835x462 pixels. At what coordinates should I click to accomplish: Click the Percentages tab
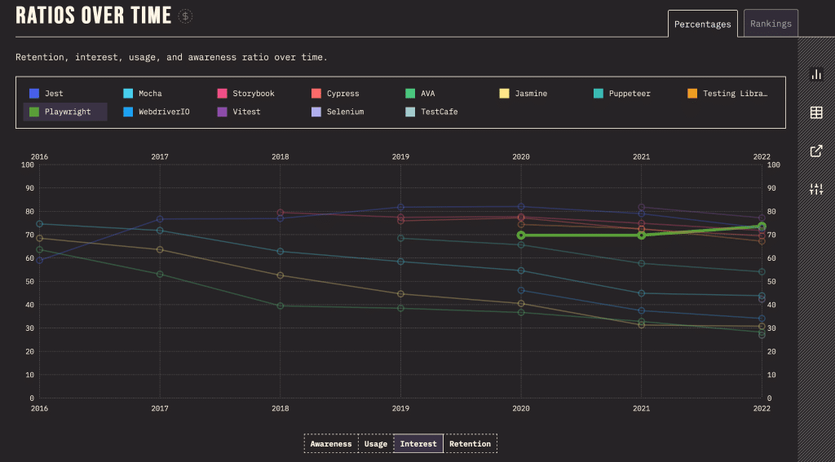pyautogui.click(x=702, y=24)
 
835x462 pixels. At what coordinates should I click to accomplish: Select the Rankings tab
pyautogui.click(x=771, y=24)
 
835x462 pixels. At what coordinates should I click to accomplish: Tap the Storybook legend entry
pyautogui.click(x=253, y=94)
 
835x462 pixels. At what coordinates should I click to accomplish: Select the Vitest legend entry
pyautogui.click(x=246, y=112)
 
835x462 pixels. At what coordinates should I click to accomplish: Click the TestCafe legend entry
pyautogui.click(x=439, y=112)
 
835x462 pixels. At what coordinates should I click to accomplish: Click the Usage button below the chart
pyautogui.click(x=375, y=444)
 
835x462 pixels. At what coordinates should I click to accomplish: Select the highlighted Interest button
pyautogui.click(x=418, y=444)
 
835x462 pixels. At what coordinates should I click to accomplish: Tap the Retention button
pyautogui.click(x=470, y=444)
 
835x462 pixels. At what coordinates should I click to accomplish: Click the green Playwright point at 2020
pyautogui.click(x=521, y=235)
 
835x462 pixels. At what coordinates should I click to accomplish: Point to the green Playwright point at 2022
pyautogui.click(x=762, y=227)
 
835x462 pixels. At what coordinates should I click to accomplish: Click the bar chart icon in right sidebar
pyautogui.click(x=815, y=74)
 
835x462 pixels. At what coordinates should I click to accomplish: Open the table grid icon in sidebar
pyautogui.click(x=815, y=112)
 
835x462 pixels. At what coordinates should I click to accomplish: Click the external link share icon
pyautogui.click(x=815, y=151)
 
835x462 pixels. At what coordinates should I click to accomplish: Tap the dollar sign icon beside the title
pyautogui.click(x=186, y=15)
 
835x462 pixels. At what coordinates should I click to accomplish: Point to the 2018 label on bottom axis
pyautogui.click(x=281, y=407)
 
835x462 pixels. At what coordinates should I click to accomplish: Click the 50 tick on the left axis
pyautogui.click(x=29, y=282)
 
